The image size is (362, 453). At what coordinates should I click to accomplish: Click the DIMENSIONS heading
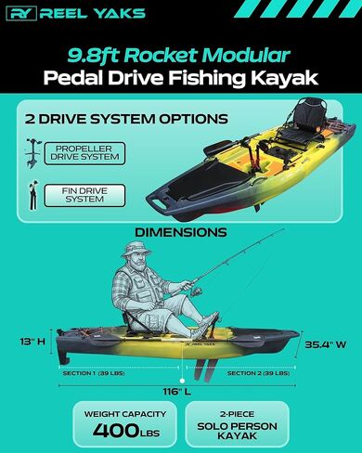(180, 231)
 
